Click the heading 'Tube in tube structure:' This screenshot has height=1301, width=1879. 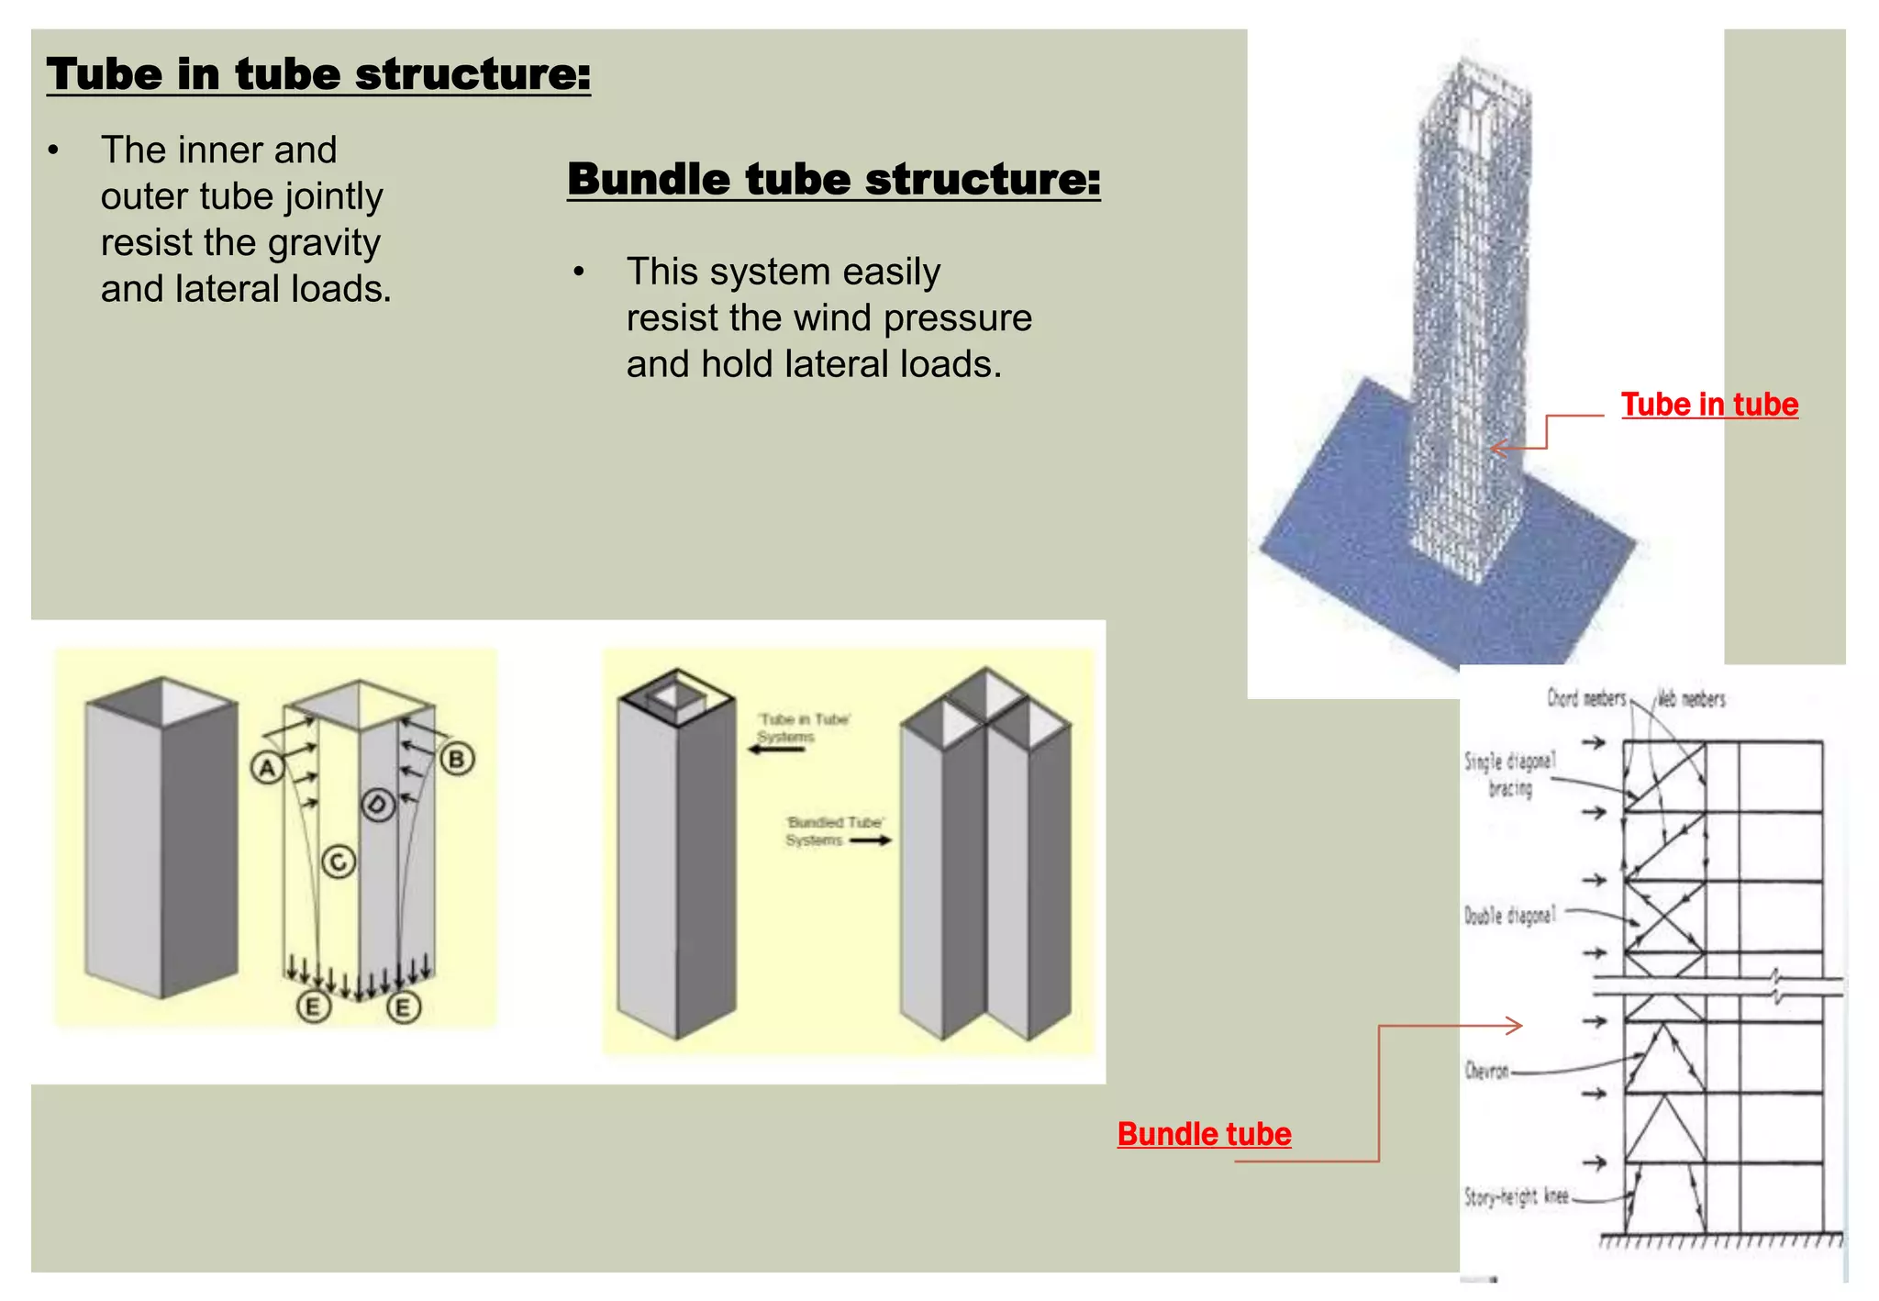pyautogui.click(x=318, y=74)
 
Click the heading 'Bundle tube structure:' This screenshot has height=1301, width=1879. pyautogui.click(x=833, y=179)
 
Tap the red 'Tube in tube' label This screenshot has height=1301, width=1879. pyautogui.click(x=1708, y=405)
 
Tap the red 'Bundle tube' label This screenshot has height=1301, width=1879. pyautogui.click(x=1204, y=1134)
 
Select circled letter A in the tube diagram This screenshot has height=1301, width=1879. pyautogui.click(x=267, y=767)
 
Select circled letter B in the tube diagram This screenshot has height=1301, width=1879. pyautogui.click(x=457, y=759)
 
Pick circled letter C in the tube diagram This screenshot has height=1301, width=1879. pyautogui.click(x=339, y=862)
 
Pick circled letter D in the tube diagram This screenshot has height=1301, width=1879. pyautogui.click(x=378, y=806)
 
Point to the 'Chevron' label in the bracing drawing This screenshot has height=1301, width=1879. pyautogui.click(x=1486, y=1071)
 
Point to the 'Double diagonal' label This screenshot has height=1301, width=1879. pyautogui.click(x=1509, y=915)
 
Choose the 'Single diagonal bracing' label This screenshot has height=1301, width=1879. pyautogui.click(x=1509, y=773)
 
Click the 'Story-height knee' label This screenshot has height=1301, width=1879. pyautogui.click(x=1516, y=1196)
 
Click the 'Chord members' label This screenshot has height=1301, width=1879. pyautogui.click(x=1586, y=698)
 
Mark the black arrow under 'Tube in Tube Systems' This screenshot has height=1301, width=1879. pyautogui.click(x=776, y=750)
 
